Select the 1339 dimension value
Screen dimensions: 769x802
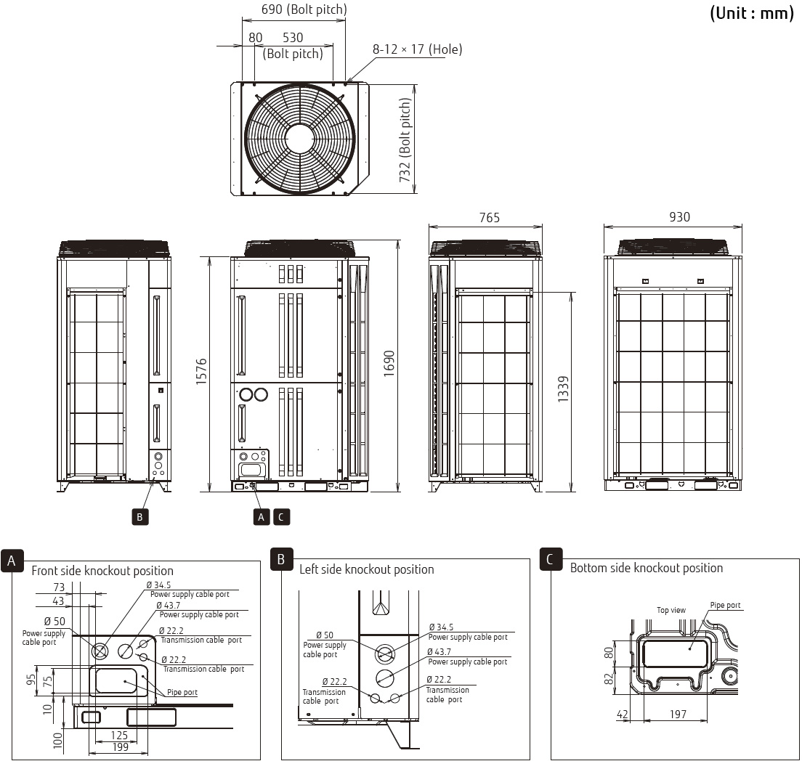(x=563, y=390)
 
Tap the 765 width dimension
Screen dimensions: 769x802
(x=489, y=218)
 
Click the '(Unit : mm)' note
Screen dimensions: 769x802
(x=751, y=13)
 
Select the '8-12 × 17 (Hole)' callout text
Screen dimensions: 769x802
(x=417, y=49)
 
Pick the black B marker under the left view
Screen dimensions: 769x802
(x=139, y=517)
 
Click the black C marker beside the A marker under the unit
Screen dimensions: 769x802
(x=281, y=517)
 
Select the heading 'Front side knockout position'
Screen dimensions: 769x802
(x=102, y=571)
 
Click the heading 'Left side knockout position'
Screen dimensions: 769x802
(x=366, y=569)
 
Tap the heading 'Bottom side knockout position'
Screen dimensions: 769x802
(x=647, y=568)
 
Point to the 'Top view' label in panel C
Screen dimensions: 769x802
(x=671, y=610)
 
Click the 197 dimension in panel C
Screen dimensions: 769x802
(x=678, y=715)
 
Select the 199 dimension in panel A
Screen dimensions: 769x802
(x=121, y=747)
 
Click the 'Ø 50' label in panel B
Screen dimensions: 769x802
(x=324, y=635)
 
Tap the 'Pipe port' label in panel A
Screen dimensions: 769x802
(x=182, y=692)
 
